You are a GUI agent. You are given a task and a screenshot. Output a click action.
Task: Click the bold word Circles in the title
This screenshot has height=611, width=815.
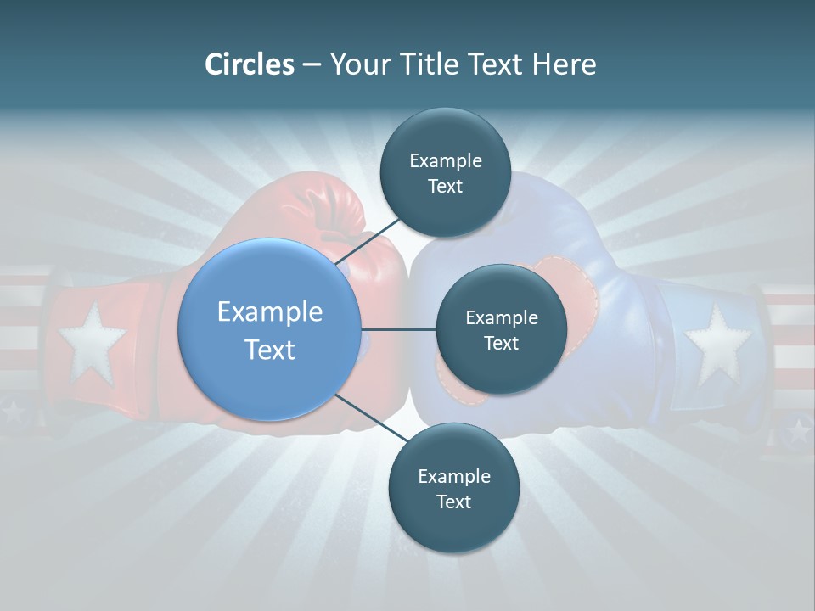click(250, 64)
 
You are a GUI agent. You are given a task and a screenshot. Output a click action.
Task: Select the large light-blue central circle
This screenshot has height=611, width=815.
click(269, 329)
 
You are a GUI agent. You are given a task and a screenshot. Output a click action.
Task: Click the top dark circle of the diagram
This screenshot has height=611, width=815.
click(445, 172)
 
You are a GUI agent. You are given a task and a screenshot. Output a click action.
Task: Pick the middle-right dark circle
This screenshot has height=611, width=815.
click(501, 329)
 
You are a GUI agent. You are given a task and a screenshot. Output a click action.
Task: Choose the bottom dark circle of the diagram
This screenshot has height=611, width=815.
click(453, 488)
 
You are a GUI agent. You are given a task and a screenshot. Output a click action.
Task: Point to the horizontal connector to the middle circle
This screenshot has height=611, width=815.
click(398, 329)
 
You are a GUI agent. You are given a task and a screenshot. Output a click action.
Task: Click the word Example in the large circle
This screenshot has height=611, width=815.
click(269, 312)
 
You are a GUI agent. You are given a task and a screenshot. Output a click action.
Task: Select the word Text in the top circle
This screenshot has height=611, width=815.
click(445, 187)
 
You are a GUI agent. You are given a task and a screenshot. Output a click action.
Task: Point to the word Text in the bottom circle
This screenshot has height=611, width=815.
click(453, 502)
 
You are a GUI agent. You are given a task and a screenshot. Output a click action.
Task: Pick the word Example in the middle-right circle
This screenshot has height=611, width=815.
click(501, 318)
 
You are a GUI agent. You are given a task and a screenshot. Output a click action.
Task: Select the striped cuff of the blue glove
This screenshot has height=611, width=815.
click(791, 339)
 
